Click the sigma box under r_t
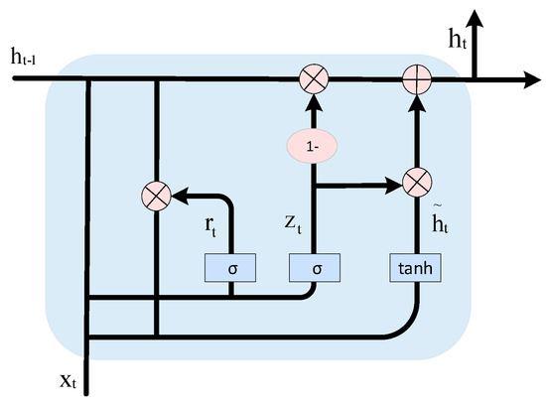(230, 267)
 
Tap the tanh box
(415, 267)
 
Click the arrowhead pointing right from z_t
(393, 184)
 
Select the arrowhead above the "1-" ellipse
(314, 97)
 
